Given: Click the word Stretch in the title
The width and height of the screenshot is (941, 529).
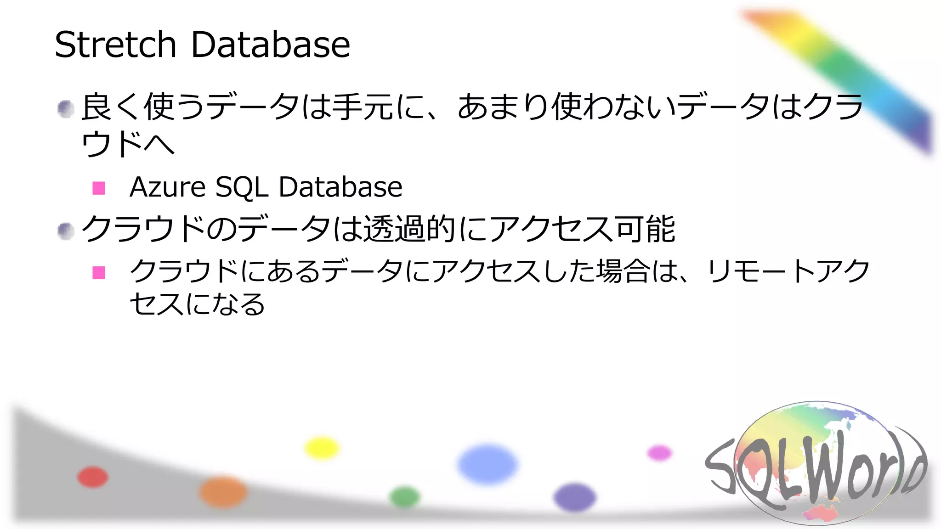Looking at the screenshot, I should [115, 45].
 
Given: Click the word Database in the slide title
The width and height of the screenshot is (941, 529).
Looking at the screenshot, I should [271, 45].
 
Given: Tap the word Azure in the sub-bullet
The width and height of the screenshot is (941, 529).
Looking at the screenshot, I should [167, 187].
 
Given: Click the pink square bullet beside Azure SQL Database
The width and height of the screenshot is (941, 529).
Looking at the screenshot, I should [99, 188].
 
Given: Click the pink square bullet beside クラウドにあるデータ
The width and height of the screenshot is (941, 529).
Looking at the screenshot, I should [99, 273].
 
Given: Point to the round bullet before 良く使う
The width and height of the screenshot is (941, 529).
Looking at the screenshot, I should [66, 109].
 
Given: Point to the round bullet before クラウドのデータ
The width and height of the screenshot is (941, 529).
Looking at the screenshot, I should [66, 231].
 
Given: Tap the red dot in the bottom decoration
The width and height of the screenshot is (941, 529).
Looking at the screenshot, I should [93, 477].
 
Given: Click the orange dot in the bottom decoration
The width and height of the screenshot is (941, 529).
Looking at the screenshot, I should [223, 491].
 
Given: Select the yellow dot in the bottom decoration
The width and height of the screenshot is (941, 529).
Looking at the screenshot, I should [322, 448].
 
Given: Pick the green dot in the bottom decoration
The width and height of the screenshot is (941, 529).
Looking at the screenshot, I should [405, 497].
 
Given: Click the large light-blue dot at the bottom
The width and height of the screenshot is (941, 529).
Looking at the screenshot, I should [488, 464].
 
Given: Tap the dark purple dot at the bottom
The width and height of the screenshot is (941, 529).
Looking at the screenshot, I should [574, 497].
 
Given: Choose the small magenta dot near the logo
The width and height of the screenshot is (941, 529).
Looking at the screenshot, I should [659, 453].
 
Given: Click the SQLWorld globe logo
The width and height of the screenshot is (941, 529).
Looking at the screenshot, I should [816, 464].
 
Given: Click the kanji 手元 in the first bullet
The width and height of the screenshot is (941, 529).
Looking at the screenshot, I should [363, 107].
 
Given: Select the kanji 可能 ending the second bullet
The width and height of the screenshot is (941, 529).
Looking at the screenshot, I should [645, 229].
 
